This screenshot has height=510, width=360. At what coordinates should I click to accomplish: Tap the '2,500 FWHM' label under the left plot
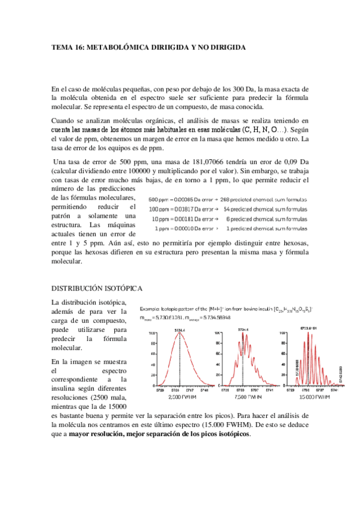click(x=180, y=397)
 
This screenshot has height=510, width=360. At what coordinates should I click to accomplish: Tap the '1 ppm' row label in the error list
click(x=163, y=229)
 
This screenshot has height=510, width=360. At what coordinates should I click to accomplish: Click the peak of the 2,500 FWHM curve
click(x=178, y=334)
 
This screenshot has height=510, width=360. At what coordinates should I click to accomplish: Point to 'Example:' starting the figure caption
click(x=150, y=308)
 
